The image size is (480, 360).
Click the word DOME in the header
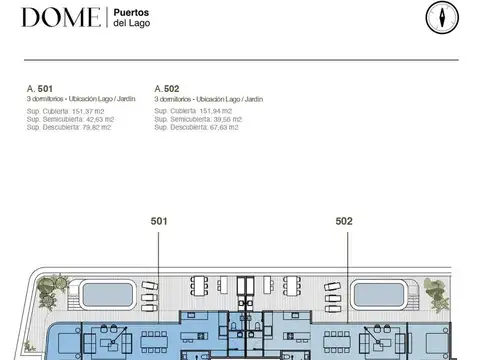[x=60, y=17]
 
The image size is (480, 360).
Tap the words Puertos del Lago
[x=131, y=17]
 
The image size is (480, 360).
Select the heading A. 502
[x=167, y=89]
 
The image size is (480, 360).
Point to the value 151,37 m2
[x=85, y=112]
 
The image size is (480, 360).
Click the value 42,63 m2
[x=95, y=120]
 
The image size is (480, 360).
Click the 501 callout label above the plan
[x=158, y=221]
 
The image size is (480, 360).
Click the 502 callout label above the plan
[x=344, y=221]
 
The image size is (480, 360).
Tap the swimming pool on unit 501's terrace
[x=113, y=294]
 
